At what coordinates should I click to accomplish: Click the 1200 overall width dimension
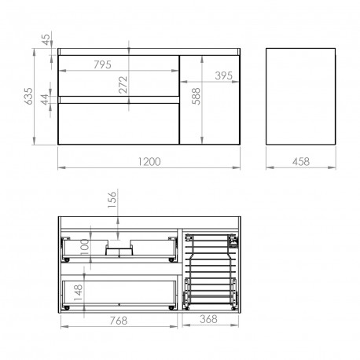coord(149,162)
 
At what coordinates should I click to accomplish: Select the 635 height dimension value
coord(28,96)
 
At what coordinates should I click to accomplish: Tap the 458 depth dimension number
coord(301,162)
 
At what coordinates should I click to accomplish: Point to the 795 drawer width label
coord(102,64)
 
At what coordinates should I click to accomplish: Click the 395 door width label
coord(223,75)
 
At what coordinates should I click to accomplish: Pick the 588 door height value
coord(196,96)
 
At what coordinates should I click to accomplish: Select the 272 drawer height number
coord(123,85)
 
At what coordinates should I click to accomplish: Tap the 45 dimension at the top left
coord(46,39)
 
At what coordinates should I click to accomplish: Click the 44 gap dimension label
coord(45,100)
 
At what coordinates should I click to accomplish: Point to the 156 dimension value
coord(112,200)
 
